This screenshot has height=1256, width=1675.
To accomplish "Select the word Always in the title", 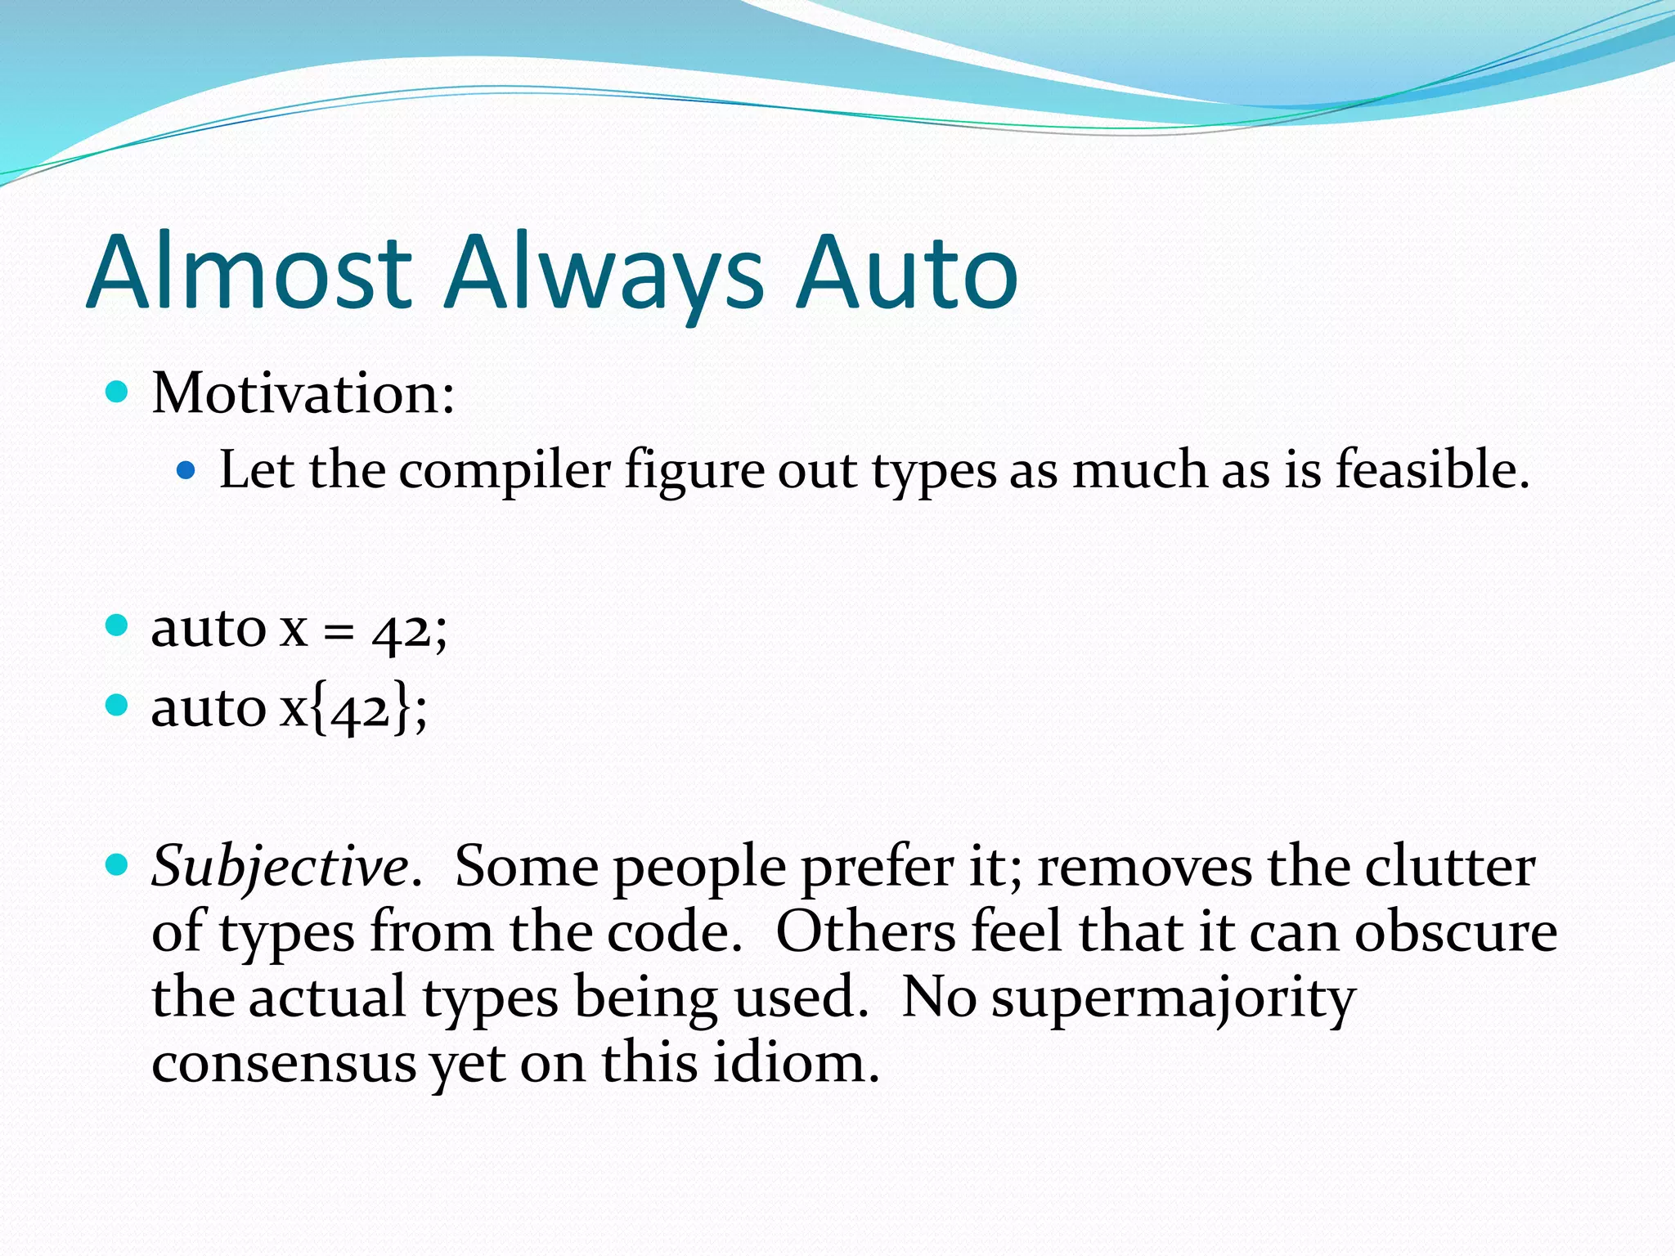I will tap(604, 274).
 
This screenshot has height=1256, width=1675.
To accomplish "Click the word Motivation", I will tap(303, 393).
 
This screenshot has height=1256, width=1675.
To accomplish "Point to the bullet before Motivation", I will tap(118, 392).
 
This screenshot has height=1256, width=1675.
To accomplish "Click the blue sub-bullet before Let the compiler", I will tap(186, 470).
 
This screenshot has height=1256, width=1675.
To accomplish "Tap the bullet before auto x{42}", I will tap(118, 704).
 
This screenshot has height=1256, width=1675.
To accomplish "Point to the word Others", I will tap(865, 931).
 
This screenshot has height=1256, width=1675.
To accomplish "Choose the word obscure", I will tap(1456, 931).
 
